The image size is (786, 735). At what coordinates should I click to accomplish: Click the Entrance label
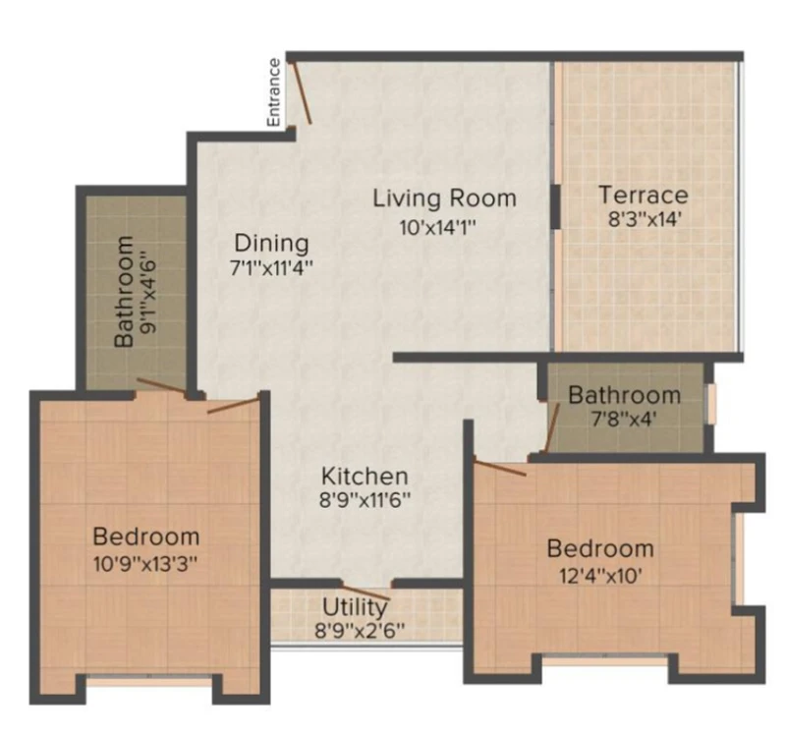pyautogui.click(x=274, y=92)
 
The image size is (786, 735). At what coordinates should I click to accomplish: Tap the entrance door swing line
pyautogui.click(x=302, y=92)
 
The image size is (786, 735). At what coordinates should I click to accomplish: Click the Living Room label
pyautogui.click(x=444, y=198)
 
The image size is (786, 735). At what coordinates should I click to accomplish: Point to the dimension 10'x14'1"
pyautogui.click(x=437, y=228)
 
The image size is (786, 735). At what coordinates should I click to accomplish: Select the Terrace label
pyautogui.click(x=644, y=195)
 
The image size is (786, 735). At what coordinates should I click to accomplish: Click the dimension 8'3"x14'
pyautogui.click(x=644, y=218)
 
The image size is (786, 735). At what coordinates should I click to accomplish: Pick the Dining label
pyautogui.click(x=272, y=243)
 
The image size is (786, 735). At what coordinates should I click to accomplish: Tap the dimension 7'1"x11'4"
pyautogui.click(x=271, y=267)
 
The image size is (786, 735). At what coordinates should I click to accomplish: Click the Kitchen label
pyautogui.click(x=365, y=476)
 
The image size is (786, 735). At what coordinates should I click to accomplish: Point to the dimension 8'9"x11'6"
pyautogui.click(x=365, y=499)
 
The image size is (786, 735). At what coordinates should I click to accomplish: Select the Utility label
pyautogui.click(x=355, y=607)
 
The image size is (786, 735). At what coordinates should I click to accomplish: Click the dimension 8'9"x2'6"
pyautogui.click(x=359, y=630)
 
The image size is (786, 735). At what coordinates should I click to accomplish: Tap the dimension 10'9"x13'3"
pyautogui.click(x=144, y=564)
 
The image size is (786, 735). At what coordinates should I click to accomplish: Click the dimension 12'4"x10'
pyautogui.click(x=600, y=576)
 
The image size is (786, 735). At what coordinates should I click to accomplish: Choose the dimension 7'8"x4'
pyautogui.click(x=624, y=419)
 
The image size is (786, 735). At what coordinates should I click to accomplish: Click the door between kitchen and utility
pyautogui.click(x=365, y=591)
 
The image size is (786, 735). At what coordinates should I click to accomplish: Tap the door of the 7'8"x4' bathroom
pyautogui.click(x=552, y=427)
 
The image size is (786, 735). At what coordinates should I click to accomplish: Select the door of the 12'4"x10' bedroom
pyautogui.click(x=500, y=468)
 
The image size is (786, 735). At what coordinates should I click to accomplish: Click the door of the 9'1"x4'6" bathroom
pyautogui.click(x=161, y=385)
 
